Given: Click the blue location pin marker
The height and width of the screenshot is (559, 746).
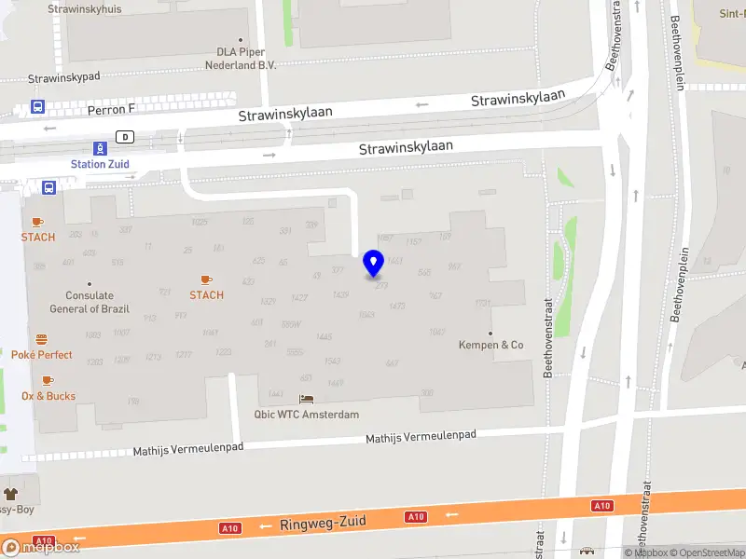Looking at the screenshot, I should [374, 264].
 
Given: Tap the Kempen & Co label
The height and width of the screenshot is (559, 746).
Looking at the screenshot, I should [490, 345].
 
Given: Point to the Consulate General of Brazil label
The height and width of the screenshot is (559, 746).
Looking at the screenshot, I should [90, 302].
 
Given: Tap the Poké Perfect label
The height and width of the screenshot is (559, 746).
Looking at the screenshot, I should [42, 355].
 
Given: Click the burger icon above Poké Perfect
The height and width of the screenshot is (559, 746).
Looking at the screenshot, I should [42, 339].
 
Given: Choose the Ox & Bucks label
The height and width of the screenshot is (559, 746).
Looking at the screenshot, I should [48, 396].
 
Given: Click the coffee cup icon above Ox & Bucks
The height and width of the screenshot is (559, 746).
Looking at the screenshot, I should [48, 380].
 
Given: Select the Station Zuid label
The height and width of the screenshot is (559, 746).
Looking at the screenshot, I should [100, 164].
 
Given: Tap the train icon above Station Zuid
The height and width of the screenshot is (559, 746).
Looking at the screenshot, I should [100, 148].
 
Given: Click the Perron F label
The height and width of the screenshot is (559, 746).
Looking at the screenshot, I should [111, 109].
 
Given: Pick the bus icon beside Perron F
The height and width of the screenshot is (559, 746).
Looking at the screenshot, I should [38, 107].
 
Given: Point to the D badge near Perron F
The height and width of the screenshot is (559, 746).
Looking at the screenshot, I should [123, 136].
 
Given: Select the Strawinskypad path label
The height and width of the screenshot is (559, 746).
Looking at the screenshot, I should [63, 78].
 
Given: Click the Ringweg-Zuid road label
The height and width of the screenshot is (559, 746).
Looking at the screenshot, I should [323, 524].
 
